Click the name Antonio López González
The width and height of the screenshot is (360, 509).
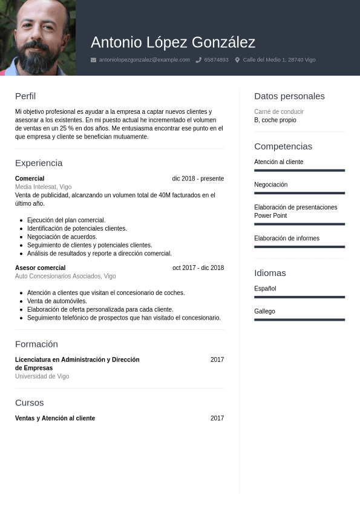point(173,42)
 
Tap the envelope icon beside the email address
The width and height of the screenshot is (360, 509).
point(93,60)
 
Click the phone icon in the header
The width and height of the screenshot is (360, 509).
point(198,60)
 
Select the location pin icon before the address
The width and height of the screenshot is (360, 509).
point(237,60)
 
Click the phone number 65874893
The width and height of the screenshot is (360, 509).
point(216,60)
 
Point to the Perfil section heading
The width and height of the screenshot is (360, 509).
point(25,96)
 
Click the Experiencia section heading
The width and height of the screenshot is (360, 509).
point(39,163)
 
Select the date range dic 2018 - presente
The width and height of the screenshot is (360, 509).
point(198,179)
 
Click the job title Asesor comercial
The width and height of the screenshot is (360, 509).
point(40,268)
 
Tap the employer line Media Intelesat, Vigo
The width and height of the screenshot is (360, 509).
point(43,187)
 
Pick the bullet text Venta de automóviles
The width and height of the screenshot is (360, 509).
point(57,301)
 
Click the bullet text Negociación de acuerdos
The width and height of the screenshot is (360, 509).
point(62,237)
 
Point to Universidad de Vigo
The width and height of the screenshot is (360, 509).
point(42,376)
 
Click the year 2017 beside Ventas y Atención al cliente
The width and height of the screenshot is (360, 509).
point(217,418)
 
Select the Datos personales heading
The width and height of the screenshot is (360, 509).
point(289,96)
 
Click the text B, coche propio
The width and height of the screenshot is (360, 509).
point(275,120)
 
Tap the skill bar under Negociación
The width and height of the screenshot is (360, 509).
point(299,193)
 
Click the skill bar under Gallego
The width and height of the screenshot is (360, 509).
point(299,320)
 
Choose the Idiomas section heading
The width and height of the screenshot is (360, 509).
point(270,273)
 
